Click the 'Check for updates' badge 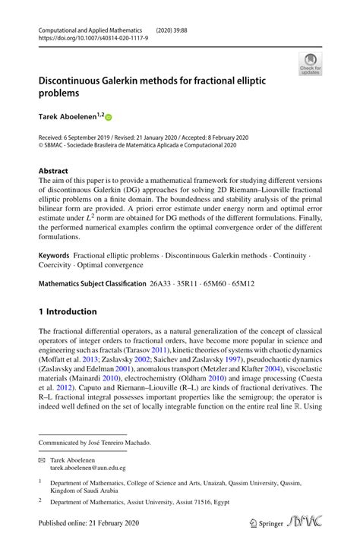click(x=310, y=65)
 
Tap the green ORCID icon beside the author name click(x=108, y=118)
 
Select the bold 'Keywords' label click(x=54, y=257)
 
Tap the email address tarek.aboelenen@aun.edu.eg click(x=88, y=469)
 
